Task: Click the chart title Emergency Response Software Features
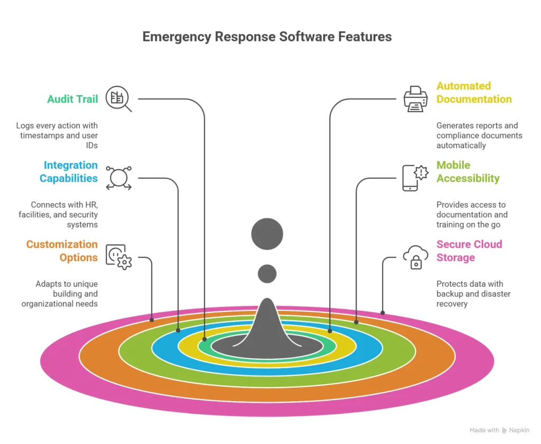[267, 37]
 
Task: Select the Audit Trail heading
[72, 99]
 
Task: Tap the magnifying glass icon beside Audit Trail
[118, 99]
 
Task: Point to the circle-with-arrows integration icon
[118, 178]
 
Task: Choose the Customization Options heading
[62, 251]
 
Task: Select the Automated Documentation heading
[474, 92]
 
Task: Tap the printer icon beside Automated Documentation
[416, 99]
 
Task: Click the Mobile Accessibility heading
[468, 172]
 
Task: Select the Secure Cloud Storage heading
[469, 251]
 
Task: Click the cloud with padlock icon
[416, 257]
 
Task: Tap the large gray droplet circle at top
[267, 234]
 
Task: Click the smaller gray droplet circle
[267, 273]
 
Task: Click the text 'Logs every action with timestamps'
[57, 131]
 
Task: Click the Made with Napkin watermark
[499, 430]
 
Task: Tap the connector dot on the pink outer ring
[383, 312]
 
